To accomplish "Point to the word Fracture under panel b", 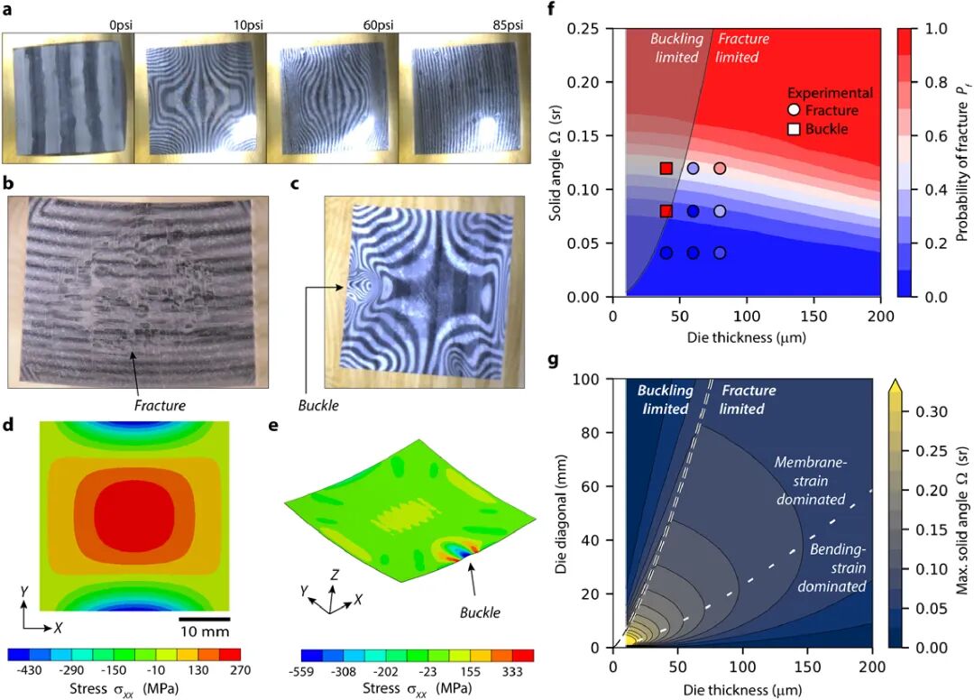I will (160, 405).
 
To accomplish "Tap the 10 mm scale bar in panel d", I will (204, 620).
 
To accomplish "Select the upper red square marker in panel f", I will (666, 168).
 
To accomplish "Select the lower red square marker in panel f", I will (666, 211).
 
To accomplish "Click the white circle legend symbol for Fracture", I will (795, 110).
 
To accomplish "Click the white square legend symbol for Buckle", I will (795, 129).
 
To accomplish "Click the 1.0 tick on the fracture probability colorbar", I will (936, 30).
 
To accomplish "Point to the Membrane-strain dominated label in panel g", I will (810, 480).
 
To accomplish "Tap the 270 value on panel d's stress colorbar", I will (239, 670).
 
